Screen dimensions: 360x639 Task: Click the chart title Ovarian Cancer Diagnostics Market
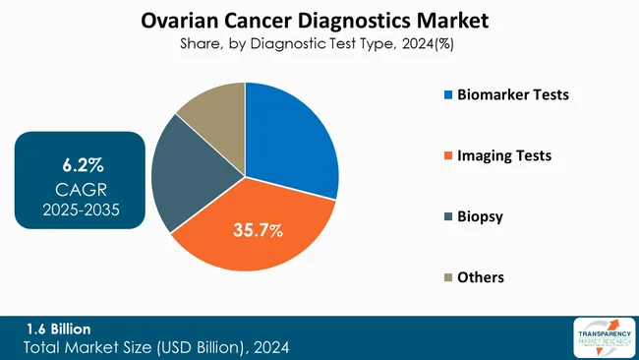tap(319, 20)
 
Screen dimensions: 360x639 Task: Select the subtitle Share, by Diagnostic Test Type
tap(319, 43)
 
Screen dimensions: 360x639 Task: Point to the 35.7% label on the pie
tap(258, 230)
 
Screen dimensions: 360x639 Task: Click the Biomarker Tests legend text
tap(511, 95)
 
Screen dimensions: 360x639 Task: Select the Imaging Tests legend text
tap(502, 155)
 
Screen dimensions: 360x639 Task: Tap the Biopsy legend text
tap(479, 216)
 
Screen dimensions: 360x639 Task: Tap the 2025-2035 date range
tap(80, 209)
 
